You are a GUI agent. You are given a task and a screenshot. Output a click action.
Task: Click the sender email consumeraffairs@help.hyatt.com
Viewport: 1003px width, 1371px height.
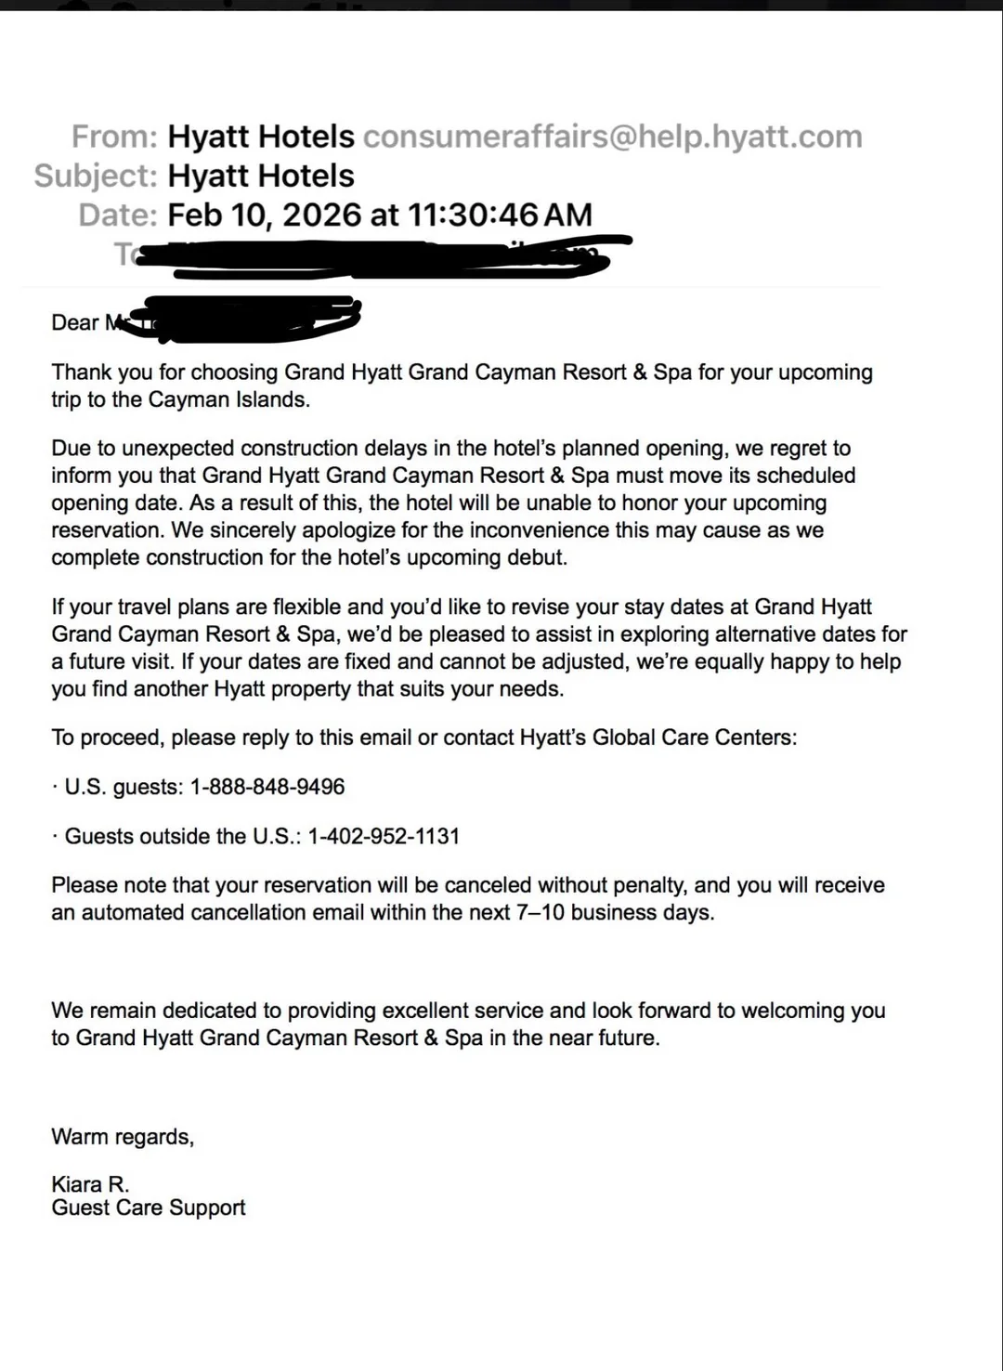tap(612, 137)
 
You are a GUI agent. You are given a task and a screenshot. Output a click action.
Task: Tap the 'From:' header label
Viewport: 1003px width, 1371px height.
tap(115, 137)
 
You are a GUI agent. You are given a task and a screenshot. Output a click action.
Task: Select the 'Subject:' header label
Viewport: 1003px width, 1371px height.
tap(96, 176)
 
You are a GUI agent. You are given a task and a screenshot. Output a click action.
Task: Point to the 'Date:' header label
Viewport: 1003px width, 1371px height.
tap(118, 215)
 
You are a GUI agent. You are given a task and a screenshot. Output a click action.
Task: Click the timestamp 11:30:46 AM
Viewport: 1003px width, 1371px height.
tap(500, 215)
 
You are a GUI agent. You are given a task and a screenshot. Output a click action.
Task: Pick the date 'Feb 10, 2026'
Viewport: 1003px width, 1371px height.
tap(264, 215)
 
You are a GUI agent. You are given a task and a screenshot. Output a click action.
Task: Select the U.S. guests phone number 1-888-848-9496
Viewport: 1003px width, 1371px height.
tap(267, 787)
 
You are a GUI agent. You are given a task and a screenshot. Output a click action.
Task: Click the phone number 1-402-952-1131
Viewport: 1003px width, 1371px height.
tap(384, 836)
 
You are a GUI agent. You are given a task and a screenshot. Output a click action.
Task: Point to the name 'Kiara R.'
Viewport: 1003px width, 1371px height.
tap(90, 1184)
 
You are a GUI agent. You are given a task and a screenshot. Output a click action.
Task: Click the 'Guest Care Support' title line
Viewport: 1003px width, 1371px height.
tap(149, 1208)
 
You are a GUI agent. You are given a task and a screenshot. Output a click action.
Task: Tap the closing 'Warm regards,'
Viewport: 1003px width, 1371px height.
tap(123, 1137)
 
